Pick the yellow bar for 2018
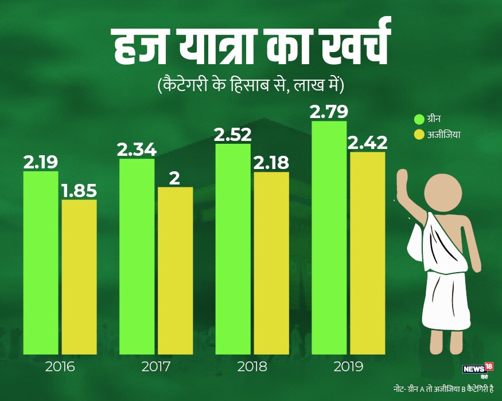tap(271, 263)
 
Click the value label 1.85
tap(79, 190)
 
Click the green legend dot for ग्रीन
tap(419, 120)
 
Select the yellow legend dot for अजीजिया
tap(419, 135)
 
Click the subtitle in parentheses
tap(250, 87)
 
